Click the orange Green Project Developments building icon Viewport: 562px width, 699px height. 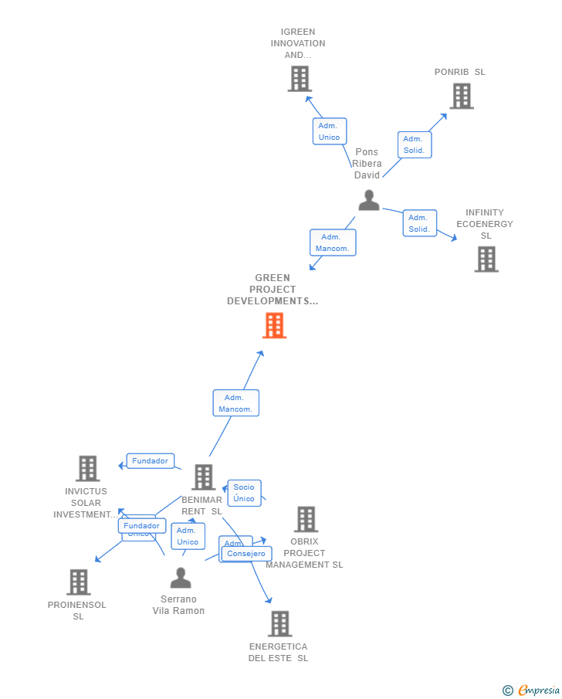[274, 325]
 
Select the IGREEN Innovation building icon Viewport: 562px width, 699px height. [300, 79]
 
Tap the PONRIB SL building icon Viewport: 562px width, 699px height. [462, 96]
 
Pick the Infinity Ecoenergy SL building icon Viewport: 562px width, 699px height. [486, 260]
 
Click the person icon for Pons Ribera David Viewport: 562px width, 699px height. [369, 200]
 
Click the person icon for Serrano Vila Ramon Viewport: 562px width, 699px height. [181, 578]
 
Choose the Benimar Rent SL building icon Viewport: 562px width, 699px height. [204, 477]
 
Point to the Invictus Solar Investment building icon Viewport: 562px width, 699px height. [88, 469]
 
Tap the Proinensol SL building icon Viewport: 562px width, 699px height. [79, 582]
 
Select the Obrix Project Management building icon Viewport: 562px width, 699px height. [306, 519]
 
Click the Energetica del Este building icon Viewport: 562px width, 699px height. [279, 623]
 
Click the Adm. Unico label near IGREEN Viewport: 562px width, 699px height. [330, 131]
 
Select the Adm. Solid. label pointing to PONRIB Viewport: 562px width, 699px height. [415, 144]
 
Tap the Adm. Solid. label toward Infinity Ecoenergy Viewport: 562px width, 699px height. [419, 223]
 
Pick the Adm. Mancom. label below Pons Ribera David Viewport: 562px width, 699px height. [333, 243]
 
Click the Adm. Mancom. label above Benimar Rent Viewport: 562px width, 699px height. [235, 403]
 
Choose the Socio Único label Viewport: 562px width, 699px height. [244, 493]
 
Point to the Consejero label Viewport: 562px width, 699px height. [247, 553]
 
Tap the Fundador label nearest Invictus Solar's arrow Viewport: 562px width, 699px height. [150, 461]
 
